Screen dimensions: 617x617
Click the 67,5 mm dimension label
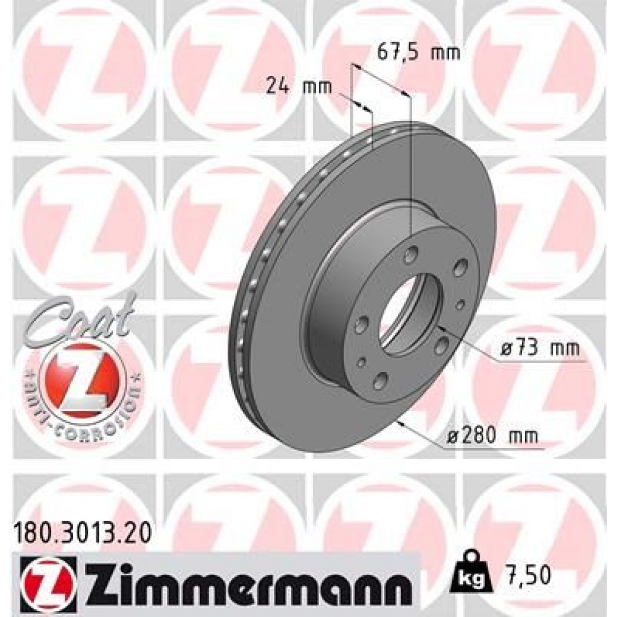click(418, 52)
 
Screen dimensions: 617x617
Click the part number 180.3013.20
click(80, 529)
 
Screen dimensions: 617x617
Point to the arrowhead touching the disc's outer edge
click(403, 422)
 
